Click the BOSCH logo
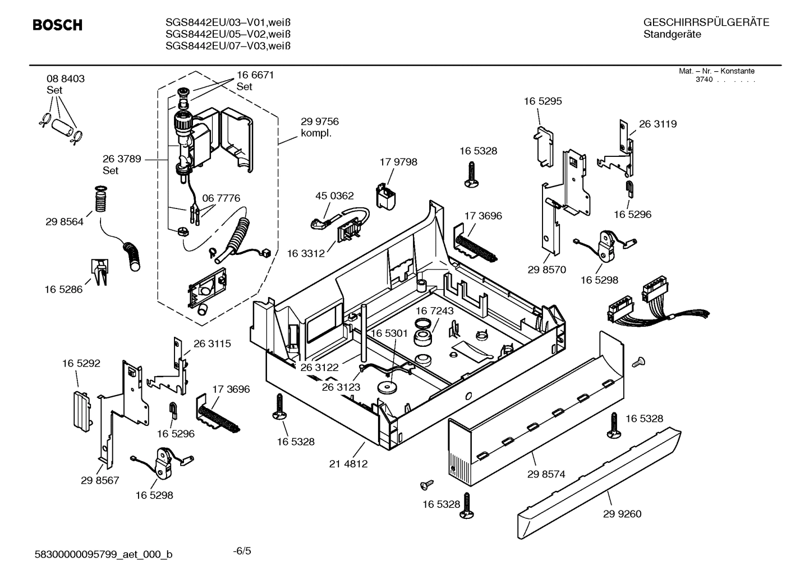[x=57, y=25]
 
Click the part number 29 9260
[x=622, y=514]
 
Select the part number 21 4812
[x=348, y=464]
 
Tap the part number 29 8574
[x=546, y=474]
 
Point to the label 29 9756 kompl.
[x=320, y=127]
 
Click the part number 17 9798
[x=398, y=162]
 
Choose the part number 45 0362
[x=334, y=196]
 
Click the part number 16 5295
[x=543, y=101]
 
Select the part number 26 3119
[x=658, y=124]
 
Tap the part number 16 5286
[x=63, y=290]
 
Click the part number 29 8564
[x=65, y=222]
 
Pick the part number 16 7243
[x=435, y=310]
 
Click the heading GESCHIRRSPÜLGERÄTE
[x=706, y=22]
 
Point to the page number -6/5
[x=242, y=551]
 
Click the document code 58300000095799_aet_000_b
[x=104, y=555]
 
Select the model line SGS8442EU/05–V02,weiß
[x=228, y=34]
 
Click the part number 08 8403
[x=66, y=79]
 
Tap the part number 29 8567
[x=100, y=480]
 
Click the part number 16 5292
[x=81, y=364]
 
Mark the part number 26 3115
[x=212, y=343]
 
